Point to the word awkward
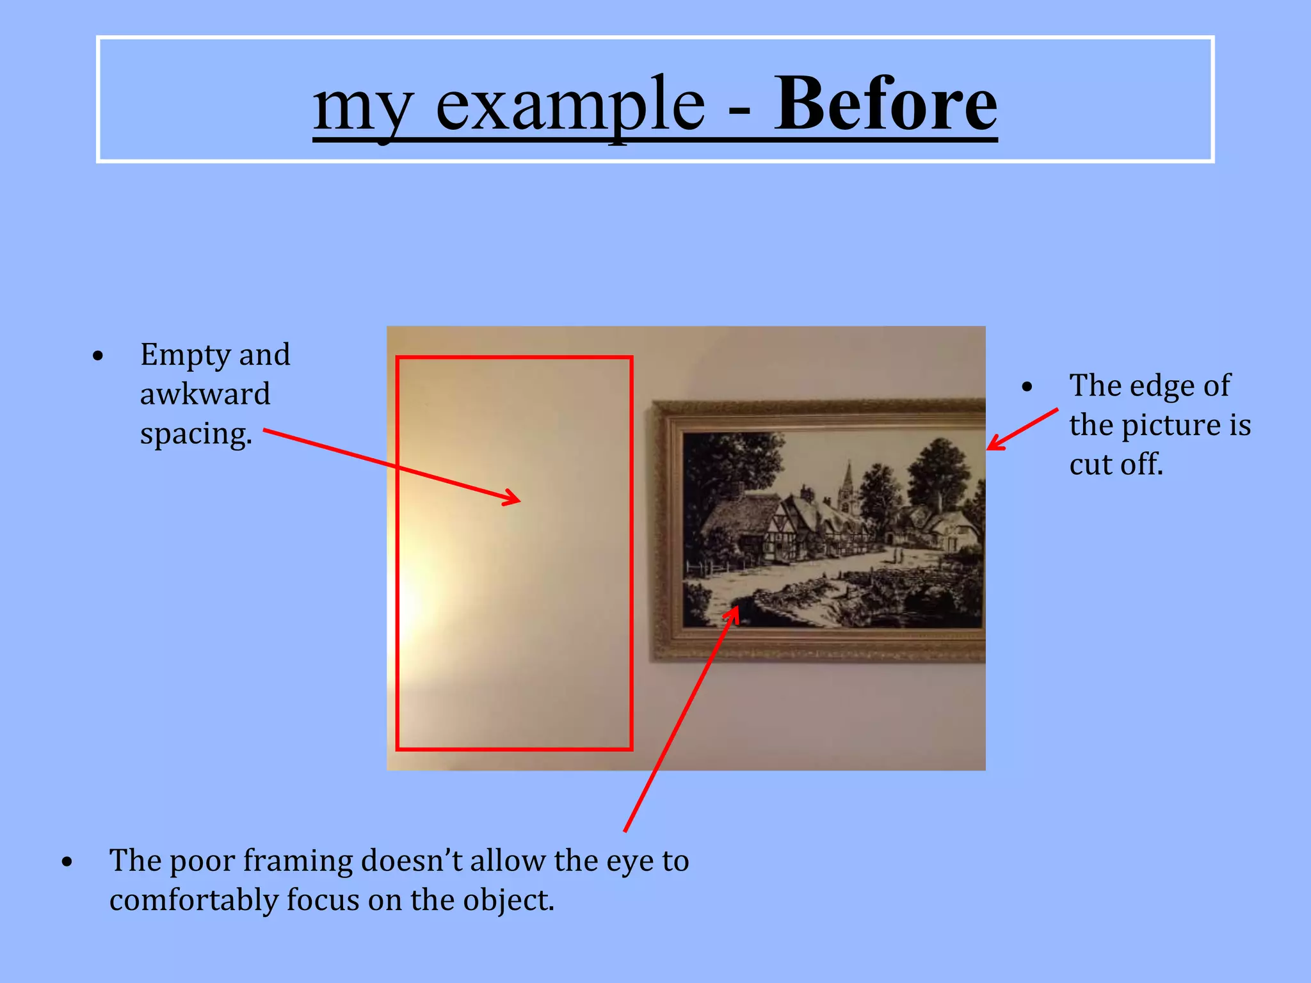(x=205, y=394)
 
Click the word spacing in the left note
(x=195, y=435)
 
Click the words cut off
(x=1116, y=465)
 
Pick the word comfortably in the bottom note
(x=193, y=901)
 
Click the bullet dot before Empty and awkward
(x=98, y=356)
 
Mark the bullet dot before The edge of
(x=1027, y=387)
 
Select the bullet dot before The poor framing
(x=67, y=863)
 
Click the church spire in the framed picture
(x=849, y=477)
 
